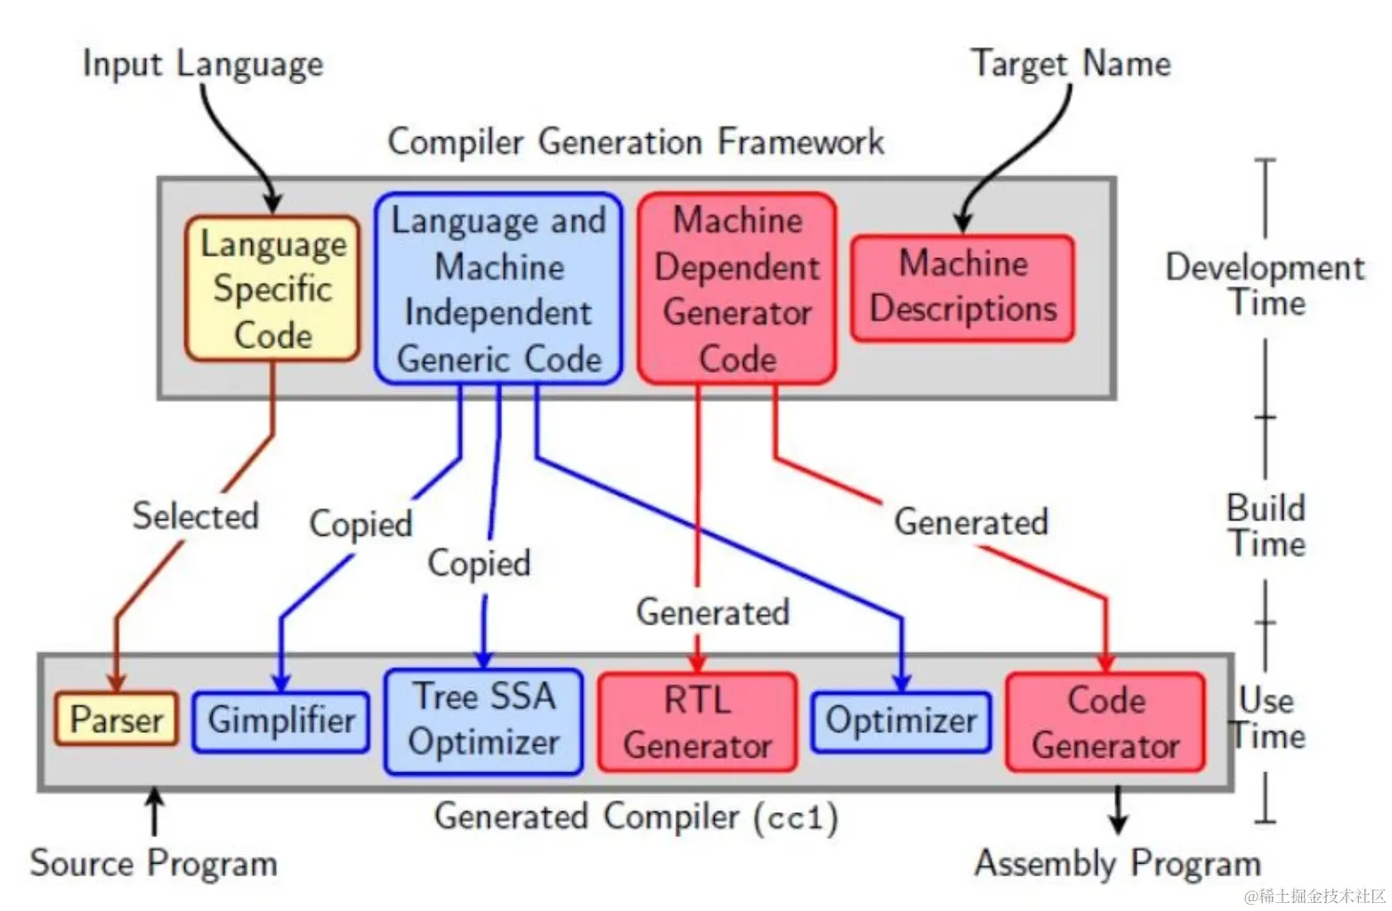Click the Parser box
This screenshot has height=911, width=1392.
(x=117, y=720)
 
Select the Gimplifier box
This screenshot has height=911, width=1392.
(x=281, y=722)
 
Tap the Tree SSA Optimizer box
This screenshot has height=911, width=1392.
(x=484, y=721)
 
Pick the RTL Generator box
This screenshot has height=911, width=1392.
(x=697, y=722)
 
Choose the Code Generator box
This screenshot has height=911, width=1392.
(x=1105, y=722)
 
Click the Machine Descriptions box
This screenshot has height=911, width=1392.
(x=963, y=287)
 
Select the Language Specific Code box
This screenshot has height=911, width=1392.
(x=272, y=289)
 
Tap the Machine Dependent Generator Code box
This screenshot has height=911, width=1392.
(x=737, y=289)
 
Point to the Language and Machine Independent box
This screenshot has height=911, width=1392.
(x=498, y=289)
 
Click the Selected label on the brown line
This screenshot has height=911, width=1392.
(x=196, y=516)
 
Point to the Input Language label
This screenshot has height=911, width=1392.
(x=203, y=64)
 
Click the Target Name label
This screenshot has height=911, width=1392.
(x=1071, y=64)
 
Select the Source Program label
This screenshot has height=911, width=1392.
(x=153, y=863)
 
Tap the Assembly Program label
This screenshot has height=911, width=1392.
(x=1118, y=863)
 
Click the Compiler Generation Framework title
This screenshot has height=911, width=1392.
(x=635, y=142)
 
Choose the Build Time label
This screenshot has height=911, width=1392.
(x=1266, y=526)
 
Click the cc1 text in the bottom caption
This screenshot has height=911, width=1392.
(x=797, y=818)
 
